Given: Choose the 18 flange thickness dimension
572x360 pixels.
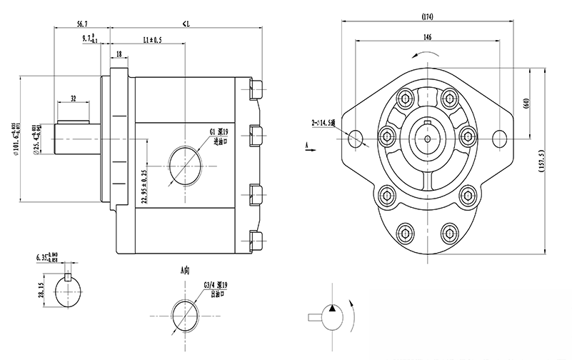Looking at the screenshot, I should click(119, 53).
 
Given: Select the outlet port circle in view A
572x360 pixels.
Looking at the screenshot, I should click(185, 312).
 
